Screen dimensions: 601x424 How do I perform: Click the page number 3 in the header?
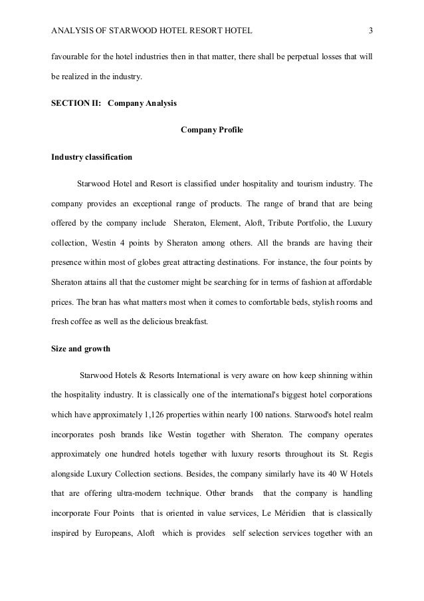[370, 30]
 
